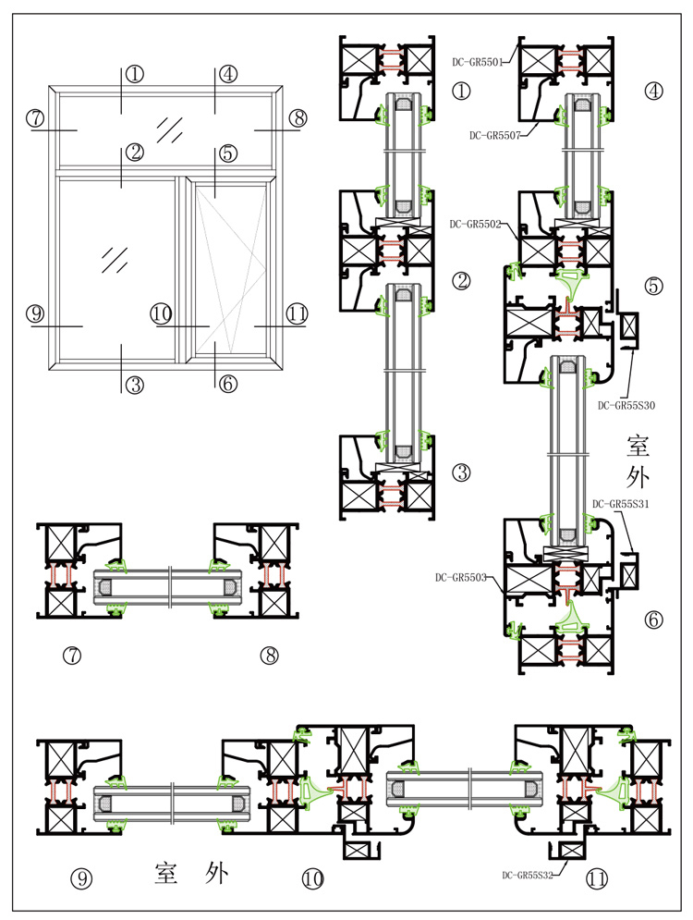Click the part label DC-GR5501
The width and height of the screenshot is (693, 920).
coord(477,63)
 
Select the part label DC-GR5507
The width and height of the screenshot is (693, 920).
coord(494,136)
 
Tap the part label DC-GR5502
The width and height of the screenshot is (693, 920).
coord(475,224)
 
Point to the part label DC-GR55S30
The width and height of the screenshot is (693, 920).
coord(626,405)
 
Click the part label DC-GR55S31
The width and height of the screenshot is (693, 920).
coord(621,504)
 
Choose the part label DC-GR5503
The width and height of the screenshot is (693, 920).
coord(461,578)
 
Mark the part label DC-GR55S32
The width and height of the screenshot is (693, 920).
coord(528,875)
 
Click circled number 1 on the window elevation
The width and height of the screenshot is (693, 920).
coord(135,74)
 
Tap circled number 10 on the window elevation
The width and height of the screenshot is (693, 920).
coord(162,314)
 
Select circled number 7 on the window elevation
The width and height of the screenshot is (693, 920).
coord(36,117)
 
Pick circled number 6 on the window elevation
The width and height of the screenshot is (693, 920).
coord(228,383)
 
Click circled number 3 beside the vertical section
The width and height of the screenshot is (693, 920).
coord(462,472)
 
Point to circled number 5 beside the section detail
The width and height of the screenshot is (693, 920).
coord(654,286)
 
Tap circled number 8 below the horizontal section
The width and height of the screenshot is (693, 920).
coord(269,656)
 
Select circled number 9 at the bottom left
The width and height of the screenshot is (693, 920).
coord(82,878)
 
